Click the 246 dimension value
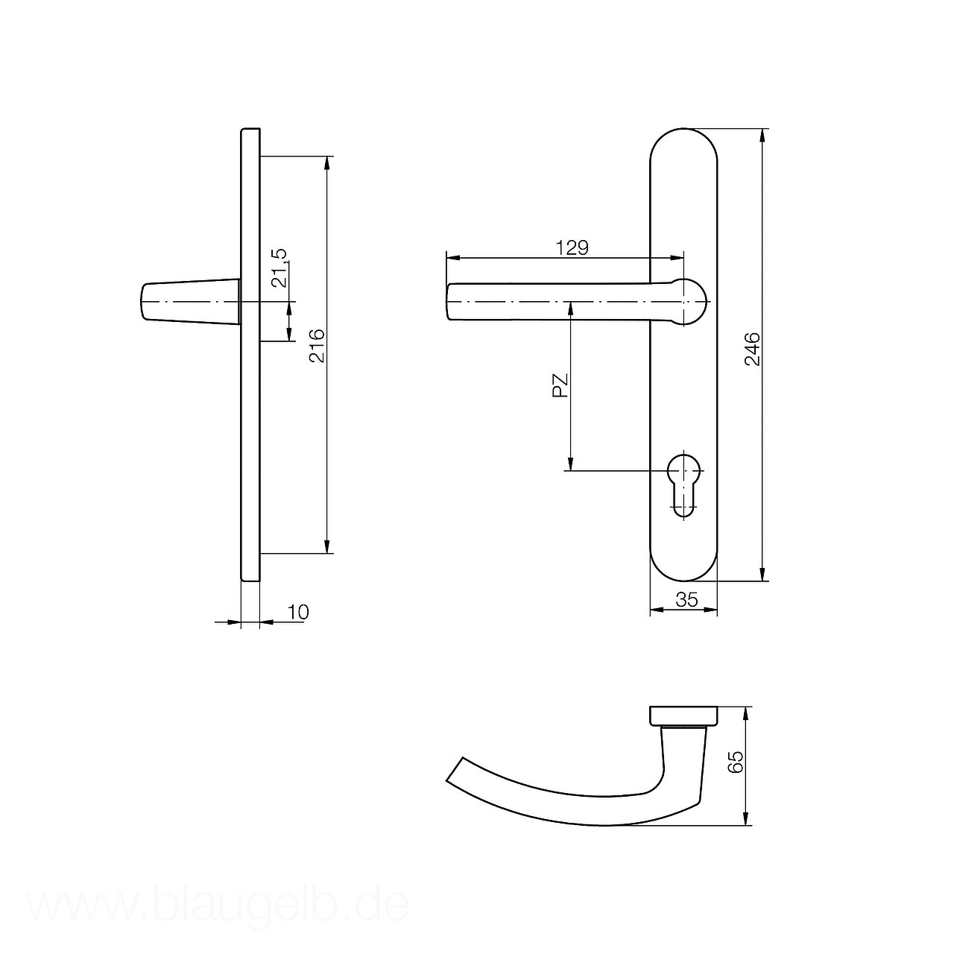click(x=753, y=350)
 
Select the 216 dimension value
click(x=318, y=346)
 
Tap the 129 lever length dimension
click(x=572, y=247)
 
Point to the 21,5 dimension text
click(x=279, y=268)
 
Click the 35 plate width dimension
click(x=686, y=599)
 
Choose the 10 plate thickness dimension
click(x=298, y=612)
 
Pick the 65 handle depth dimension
click(x=736, y=762)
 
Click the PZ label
click(x=560, y=386)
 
